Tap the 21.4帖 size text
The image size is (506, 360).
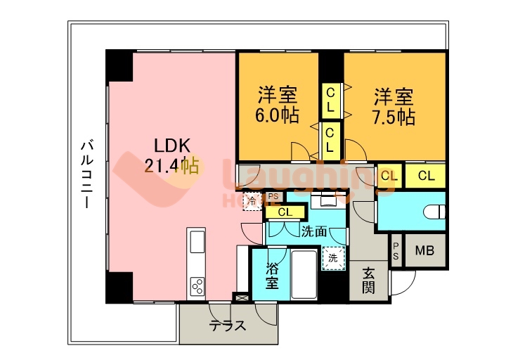(x=170, y=166)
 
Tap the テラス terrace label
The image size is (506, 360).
(x=227, y=326)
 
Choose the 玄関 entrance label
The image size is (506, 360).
(x=369, y=279)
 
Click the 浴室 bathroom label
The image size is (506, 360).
(x=272, y=276)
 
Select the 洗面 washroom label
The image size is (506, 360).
(x=314, y=230)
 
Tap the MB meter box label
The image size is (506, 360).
(x=424, y=251)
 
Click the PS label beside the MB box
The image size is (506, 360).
(x=396, y=250)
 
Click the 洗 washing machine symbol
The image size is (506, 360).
(x=333, y=258)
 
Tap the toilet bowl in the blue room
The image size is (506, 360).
(x=434, y=210)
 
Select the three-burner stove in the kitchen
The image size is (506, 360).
(x=196, y=285)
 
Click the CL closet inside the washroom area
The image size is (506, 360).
(x=285, y=212)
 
